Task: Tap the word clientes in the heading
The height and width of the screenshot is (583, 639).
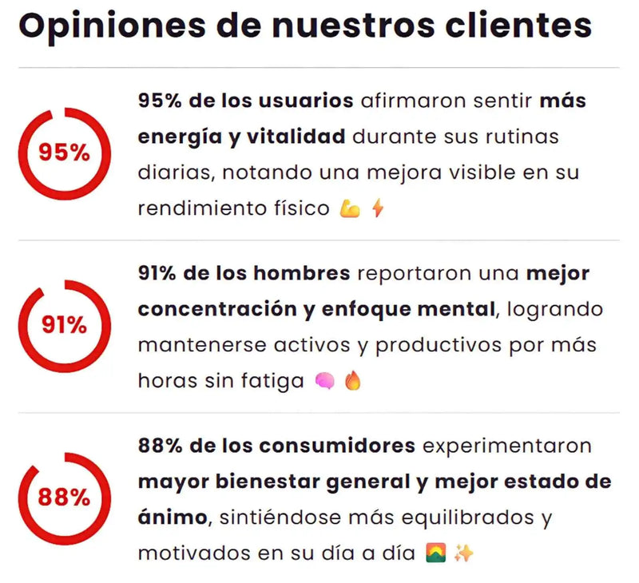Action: click(518, 26)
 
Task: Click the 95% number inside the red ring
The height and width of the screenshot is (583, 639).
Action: click(65, 153)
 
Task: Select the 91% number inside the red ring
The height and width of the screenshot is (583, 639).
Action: click(65, 325)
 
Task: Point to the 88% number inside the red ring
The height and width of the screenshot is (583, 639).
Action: click(64, 498)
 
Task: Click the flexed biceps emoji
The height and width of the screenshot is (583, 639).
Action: click(350, 208)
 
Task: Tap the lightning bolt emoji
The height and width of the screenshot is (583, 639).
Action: click(378, 208)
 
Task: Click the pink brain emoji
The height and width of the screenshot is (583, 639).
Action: click(325, 381)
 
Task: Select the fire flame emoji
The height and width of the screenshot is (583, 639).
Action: click(353, 380)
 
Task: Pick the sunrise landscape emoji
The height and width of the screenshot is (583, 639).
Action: click(435, 553)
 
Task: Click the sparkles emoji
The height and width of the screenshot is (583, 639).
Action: click(464, 553)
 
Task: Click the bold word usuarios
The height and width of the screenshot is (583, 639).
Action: click(306, 101)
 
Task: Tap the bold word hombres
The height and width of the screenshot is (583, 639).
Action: click(302, 273)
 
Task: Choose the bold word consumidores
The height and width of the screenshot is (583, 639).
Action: click(337, 446)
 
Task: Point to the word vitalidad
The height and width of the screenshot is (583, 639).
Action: click(296, 136)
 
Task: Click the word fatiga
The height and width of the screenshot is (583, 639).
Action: click(272, 381)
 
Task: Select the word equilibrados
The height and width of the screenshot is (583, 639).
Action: click(468, 518)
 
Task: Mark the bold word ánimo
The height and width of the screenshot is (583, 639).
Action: click(173, 517)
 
